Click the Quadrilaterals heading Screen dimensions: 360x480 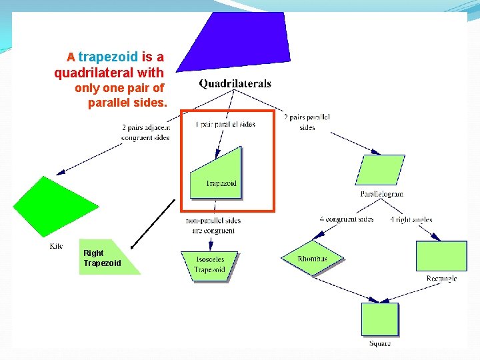point(235,84)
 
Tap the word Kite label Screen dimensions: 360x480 point(56,246)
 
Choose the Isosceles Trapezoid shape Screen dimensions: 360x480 point(209,265)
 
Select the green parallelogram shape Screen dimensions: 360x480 point(381,169)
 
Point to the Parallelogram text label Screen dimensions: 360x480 point(381,194)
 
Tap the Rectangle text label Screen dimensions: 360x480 point(441,278)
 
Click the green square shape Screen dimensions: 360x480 point(379,319)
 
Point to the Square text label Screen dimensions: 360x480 point(380,343)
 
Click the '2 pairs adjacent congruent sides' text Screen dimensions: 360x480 point(145,132)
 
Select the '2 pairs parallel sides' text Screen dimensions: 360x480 point(307,122)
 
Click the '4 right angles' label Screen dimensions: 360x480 point(411,219)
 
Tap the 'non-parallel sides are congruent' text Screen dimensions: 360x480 point(213,225)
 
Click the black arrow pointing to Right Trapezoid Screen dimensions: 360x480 point(153,223)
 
